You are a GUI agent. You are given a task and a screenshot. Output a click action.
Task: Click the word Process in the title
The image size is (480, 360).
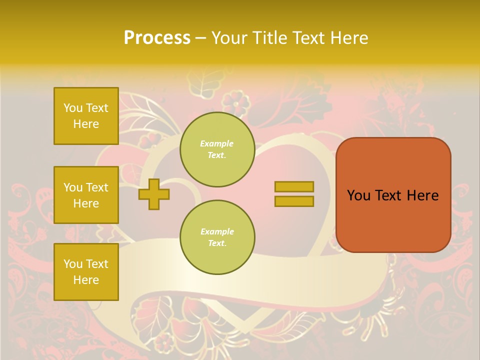[157, 38]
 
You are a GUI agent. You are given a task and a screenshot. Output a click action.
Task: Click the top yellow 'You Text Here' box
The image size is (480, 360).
[86, 116]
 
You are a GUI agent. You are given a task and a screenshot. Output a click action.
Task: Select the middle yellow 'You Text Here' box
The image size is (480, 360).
[86, 195]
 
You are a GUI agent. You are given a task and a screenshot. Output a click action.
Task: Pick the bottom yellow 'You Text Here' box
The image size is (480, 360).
[86, 272]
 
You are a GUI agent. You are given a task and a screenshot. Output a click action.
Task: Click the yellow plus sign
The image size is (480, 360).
[153, 194]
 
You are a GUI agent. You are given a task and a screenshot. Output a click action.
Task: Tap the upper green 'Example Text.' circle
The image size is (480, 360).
[217, 149]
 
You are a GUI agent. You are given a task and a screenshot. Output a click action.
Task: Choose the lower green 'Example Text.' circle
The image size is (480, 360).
[217, 237]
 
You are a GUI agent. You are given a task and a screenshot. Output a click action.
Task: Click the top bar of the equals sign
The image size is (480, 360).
[294, 186]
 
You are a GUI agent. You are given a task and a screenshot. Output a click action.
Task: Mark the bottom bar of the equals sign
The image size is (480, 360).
[294, 201]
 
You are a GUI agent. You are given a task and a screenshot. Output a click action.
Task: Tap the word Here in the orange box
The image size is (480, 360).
[422, 195]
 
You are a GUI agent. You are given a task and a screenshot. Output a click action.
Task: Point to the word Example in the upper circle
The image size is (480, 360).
[217, 143]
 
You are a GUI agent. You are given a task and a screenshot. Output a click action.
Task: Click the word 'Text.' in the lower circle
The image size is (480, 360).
[217, 243]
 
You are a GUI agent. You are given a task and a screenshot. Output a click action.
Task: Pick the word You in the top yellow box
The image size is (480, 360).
[72, 108]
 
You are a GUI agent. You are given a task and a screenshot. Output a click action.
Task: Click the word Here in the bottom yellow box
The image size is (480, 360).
[86, 280]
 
